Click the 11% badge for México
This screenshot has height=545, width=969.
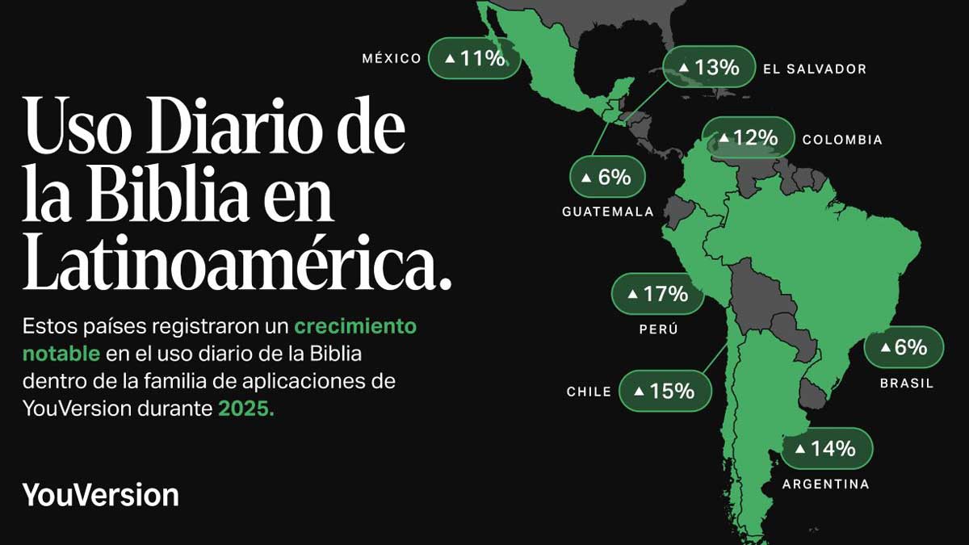pyautogui.click(x=474, y=58)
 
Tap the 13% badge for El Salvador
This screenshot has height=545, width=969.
pyautogui.click(x=709, y=68)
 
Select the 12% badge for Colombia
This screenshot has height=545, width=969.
pyautogui.click(x=748, y=139)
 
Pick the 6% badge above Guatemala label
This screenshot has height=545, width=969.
pyautogui.click(x=606, y=177)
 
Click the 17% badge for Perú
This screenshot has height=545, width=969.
pyautogui.click(x=657, y=294)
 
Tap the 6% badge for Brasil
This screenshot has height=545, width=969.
pyautogui.click(x=904, y=347)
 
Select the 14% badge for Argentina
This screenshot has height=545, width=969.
pyautogui.click(x=826, y=448)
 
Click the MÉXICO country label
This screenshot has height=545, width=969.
pyautogui.click(x=392, y=58)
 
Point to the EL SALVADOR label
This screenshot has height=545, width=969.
pyautogui.click(x=814, y=69)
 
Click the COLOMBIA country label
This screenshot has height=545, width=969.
pyautogui.click(x=842, y=140)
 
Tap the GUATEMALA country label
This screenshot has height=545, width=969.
pyautogui.click(x=607, y=212)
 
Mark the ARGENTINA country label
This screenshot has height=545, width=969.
pyautogui.click(x=825, y=484)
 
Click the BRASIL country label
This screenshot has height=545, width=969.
pyautogui.click(x=906, y=384)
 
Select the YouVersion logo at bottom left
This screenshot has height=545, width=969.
pyautogui.click(x=100, y=494)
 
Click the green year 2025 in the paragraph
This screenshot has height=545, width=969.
pyautogui.click(x=246, y=409)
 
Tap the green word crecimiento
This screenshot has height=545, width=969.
pyautogui.click(x=355, y=326)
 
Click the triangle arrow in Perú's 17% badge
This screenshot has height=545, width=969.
pyautogui.click(x=632, y=294)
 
